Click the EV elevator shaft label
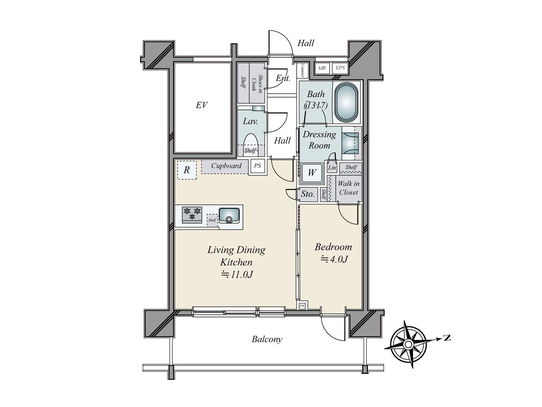(201, 105)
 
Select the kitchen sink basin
(229, 215)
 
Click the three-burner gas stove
(192, 214)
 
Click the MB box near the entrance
(322, 68)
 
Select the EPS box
(340, 68)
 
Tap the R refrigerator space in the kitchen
(187, 170)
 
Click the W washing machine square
(312, 173)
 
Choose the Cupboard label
(226, 166)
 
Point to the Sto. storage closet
(308, 194)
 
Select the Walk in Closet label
(349, 188)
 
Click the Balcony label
(267, 339)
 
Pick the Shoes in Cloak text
(257, 83)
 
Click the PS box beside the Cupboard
(257, 166)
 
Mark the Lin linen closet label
(332, 168)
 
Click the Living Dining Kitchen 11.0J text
(236, 262)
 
